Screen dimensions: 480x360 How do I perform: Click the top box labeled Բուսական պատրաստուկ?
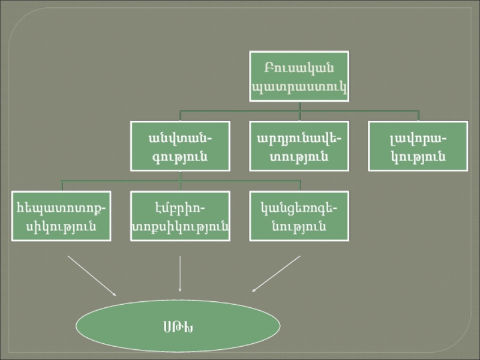(299, 76)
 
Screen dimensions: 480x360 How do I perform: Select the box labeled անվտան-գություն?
(180, 146)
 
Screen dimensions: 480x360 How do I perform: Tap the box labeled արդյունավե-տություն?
(299, 146)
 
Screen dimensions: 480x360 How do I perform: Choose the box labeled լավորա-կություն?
(418, 146)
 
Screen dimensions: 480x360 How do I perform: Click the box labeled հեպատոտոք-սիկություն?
(62, 216)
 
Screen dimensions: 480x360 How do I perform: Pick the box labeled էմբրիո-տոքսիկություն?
(180, 216)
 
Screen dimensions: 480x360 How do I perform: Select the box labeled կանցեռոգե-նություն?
(299, 216)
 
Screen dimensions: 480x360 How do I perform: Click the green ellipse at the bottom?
(178, 326)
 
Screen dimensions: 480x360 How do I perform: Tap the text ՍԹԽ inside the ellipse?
(178, 326)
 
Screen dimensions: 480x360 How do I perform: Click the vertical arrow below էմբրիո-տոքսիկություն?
(180, 274)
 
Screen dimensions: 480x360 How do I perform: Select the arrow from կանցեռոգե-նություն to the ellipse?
(276, 274)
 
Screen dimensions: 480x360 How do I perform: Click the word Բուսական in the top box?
(299, 66)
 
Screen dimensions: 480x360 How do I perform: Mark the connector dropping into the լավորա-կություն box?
(418, 116)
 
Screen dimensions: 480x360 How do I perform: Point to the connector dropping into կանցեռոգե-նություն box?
(299, 185)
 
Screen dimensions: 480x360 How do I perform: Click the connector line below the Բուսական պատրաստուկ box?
(299, 106)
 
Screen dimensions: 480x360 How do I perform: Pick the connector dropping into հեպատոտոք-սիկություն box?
(62, 185)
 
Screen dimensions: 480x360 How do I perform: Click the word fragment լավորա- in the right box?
(418, 138)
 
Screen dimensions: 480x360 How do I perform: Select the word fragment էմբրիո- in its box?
(180, 208)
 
